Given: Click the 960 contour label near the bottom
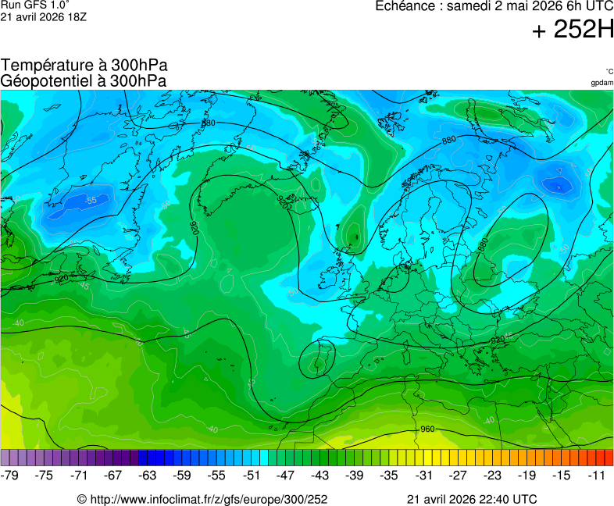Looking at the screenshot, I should pyautogui.click(x=427, y=429).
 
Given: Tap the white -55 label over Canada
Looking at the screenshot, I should pyautogui.click(x=91, y=201).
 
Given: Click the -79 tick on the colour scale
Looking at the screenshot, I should pyautogui.click(x=10, y=475).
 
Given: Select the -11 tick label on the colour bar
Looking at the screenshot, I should pyautogui.click(x=598, y=475).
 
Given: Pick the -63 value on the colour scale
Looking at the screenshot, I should pyautogui.click(x=148, y=475).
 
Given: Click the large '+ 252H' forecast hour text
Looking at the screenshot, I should pyautogui.click(x=573, y=30).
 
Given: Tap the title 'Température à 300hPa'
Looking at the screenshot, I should pyautogui.click(x=84, y=66).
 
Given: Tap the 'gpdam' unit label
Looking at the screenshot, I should pyautogui.click(x=602, y=82).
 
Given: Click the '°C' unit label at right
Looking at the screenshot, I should pyautogui.click(x=609, y=71).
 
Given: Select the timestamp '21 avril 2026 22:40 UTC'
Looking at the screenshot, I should pyautogui.click(x=472, y=499).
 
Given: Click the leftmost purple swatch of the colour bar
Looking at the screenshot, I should pyautogui.click(x=5, y=458).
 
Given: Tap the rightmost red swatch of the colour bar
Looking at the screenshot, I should pyautogui.click(x=609, y=458).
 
